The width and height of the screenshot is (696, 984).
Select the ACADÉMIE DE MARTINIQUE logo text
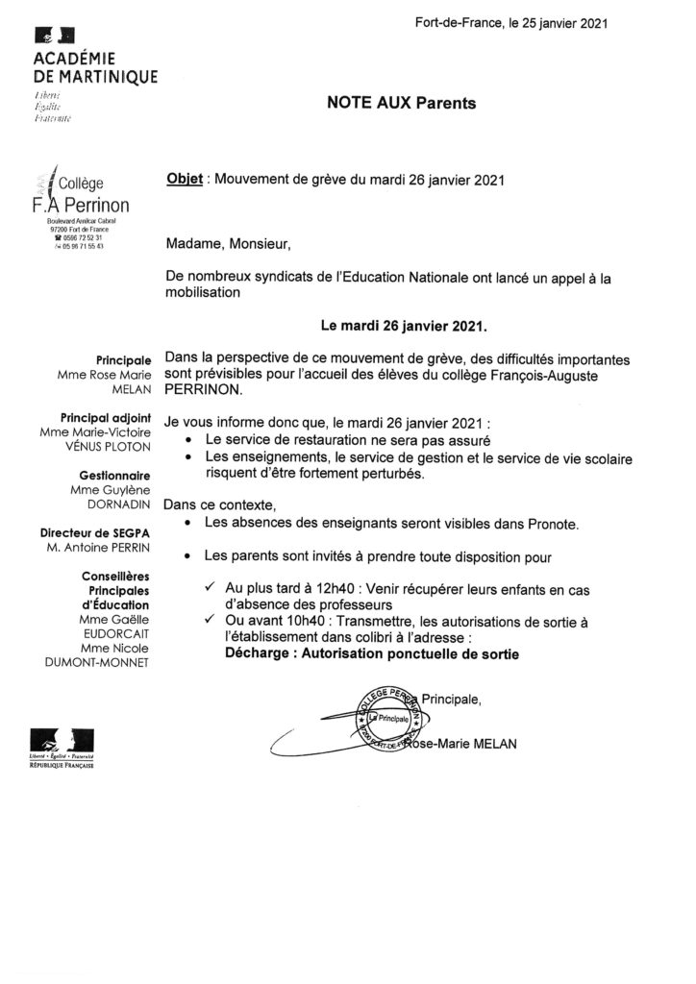pyautogui.click(x=95, y=69)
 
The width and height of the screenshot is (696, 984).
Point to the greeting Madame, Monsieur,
pyautogui.click(x=221, y=244)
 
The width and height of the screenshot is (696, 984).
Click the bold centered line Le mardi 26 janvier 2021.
pyautogui.click(x=404, y=326)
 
